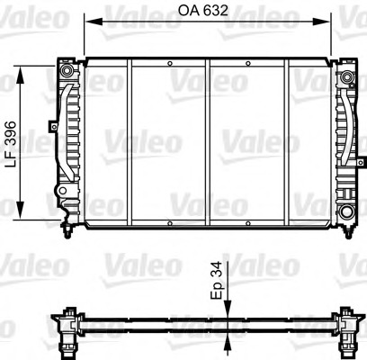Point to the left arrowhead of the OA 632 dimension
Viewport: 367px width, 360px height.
click(x=90, y=20)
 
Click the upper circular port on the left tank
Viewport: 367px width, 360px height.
click(x=68, y=69)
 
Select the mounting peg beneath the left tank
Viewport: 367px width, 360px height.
click(x=68, y=230)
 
